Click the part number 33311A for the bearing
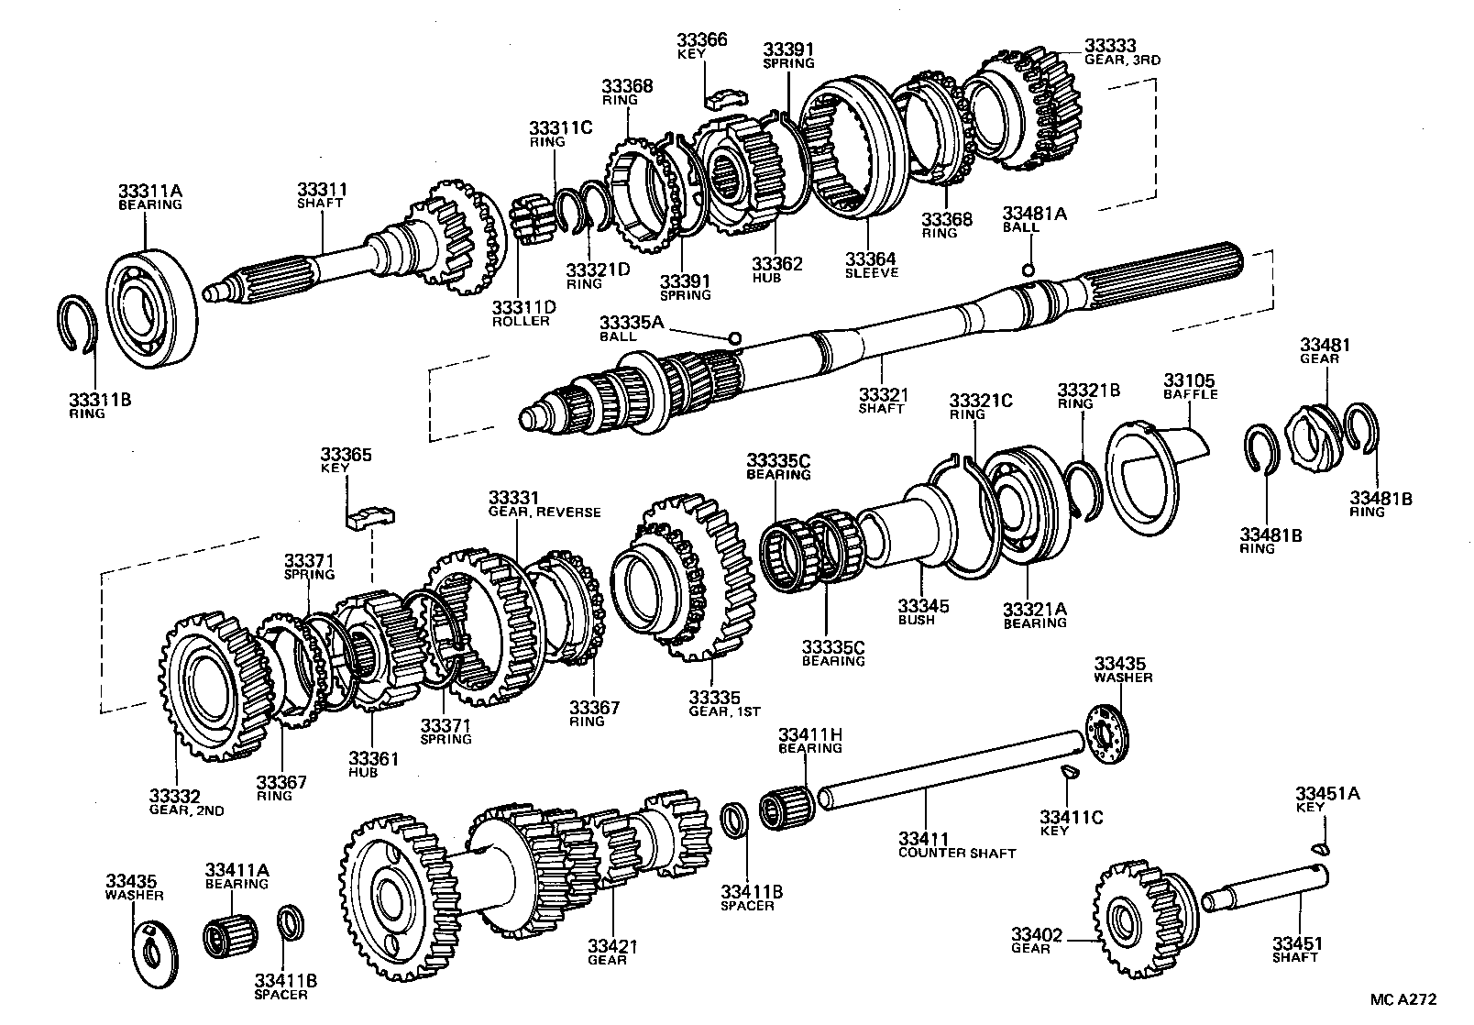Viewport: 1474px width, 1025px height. pyautogui.click(x=150, y=191)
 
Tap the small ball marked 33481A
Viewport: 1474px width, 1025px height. pyautogui.click(x=1028, y=269)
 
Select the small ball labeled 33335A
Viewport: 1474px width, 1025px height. pyautogui.click(x=733, y=338)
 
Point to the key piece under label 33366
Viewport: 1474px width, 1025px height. pyautogui.click(x=726, y=97)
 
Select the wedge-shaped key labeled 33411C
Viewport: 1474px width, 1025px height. pyautogui.click(x=1066, y=773)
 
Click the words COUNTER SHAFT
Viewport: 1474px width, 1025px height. pyautogui.click(x=957, y=854)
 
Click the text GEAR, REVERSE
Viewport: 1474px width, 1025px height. pyautogui.click(x=544, y=512)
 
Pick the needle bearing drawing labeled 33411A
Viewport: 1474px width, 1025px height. pyautogui.click(x=229, y=938)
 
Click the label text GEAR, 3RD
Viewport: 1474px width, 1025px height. pyautogui.click(x=1122, y=60)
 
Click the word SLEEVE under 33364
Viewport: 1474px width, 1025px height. pyautogui.click(x=871, y=273)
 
